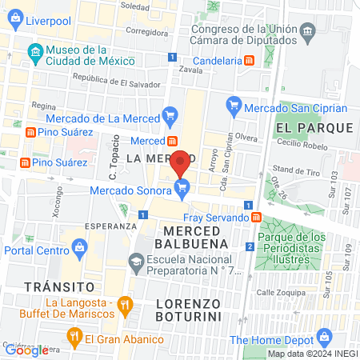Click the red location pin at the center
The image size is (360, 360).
(x=181, y=162)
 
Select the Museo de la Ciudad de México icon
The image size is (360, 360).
(x=35, y=54)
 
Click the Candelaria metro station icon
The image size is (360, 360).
(x=250, y=61)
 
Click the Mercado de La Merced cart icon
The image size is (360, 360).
(x=170, y=114)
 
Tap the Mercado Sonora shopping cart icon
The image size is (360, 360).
(x=182, y=189)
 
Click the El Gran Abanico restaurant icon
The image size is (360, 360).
(x=74, y=336)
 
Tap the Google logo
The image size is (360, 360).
(x=26, y=350)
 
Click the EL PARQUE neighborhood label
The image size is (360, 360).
(x=314, y=128)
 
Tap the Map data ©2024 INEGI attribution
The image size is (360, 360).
(x=312, y=354)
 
